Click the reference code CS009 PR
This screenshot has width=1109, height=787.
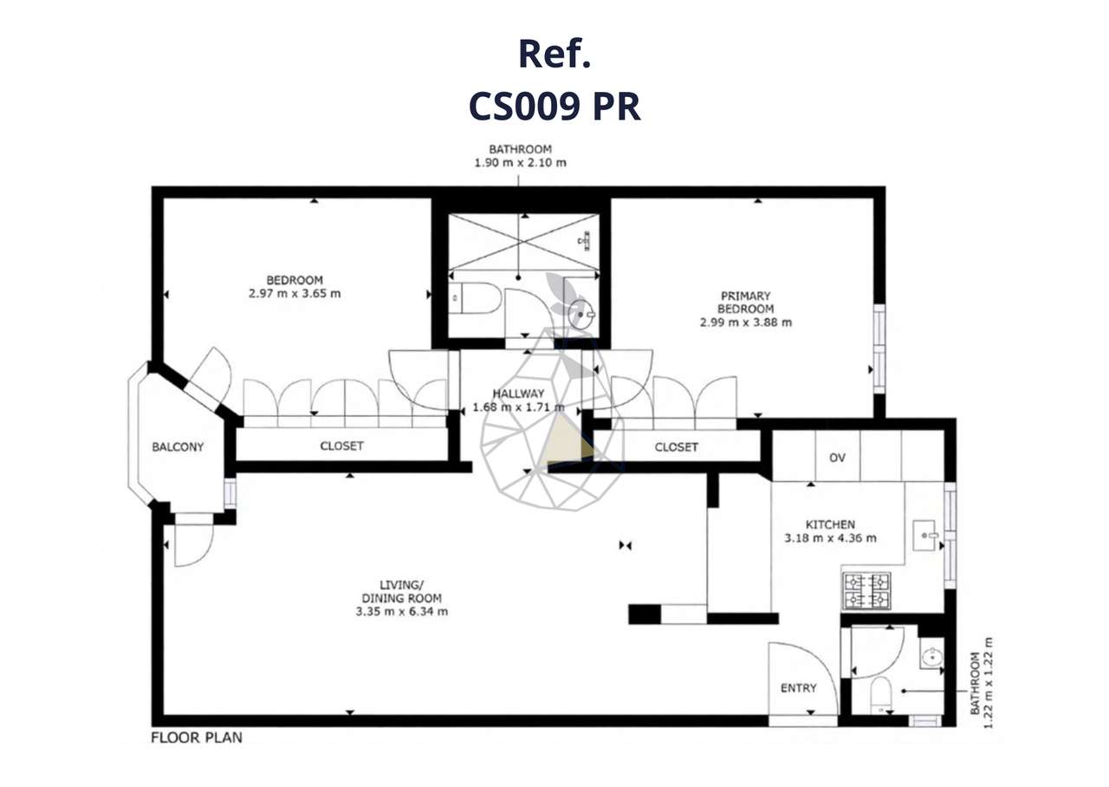tap(554, 107)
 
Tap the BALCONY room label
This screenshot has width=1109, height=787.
tap(178, 447)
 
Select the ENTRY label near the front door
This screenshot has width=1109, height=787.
tap(798, 688)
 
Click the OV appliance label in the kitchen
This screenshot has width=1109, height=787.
tap(837, 458)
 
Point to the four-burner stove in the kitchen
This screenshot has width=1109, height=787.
tap(867, 590)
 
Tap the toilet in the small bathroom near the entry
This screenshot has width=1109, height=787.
tap(880, 695)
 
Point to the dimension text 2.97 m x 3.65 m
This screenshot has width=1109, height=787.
tap(294, 293)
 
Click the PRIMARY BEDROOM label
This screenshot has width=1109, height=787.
tap(745, 302)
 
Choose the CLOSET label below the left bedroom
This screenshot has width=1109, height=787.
tap(341, 446)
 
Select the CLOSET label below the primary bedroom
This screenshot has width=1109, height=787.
tap(676, 447)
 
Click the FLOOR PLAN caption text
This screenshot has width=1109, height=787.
tap(197, 738)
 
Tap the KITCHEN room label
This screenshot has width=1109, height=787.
tap(830, 524)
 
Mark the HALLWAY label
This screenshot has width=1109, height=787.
tap(519, 393)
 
